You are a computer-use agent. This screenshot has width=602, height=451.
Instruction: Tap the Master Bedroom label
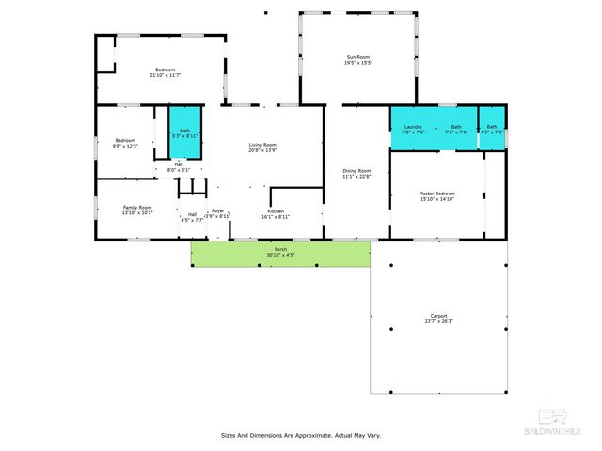point(436,194)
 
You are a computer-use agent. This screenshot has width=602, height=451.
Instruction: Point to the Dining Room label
point(356,170)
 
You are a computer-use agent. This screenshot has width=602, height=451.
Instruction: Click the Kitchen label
point(276,211)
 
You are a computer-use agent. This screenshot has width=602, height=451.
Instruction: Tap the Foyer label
point(217,210)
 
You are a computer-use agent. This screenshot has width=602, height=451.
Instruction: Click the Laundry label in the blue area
point(413,126)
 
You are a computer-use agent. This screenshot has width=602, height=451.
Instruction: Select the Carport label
point(438,315)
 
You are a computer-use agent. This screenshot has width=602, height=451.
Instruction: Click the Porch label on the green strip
point(280,249)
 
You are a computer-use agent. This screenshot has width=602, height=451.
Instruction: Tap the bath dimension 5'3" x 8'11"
point(184,136)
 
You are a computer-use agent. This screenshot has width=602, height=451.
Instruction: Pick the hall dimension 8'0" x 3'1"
point(178,170)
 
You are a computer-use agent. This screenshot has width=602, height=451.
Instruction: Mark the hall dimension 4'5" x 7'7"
point(192,220)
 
